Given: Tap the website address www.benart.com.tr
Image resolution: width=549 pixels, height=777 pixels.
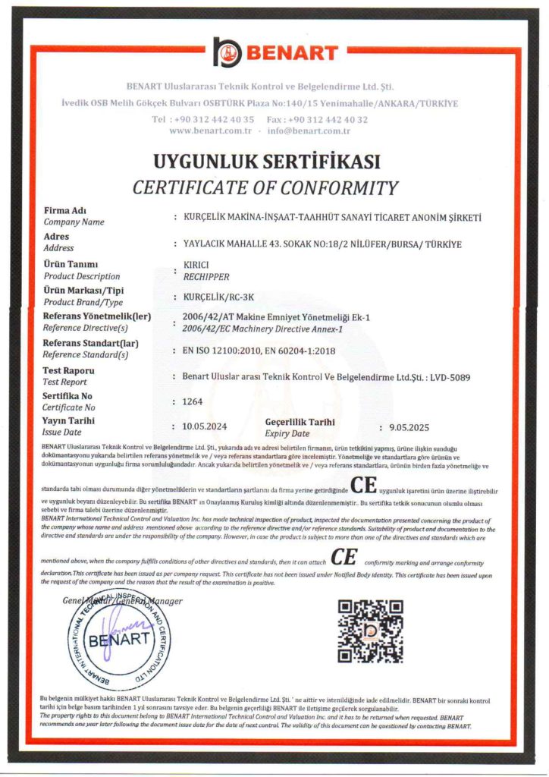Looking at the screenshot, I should (x=210, y=131).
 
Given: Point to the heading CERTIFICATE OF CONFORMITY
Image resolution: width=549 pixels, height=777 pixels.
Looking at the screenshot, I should (x=265, y=187).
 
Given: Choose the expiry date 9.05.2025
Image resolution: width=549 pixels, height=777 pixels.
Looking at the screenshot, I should (x=409, y=429).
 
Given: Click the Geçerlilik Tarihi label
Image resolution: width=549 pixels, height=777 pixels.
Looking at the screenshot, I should (x=300, y=422).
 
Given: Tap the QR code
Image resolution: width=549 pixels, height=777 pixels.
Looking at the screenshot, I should (x=369, y=630).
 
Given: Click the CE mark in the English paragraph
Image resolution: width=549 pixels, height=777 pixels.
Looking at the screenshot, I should (x=344, y=558).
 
